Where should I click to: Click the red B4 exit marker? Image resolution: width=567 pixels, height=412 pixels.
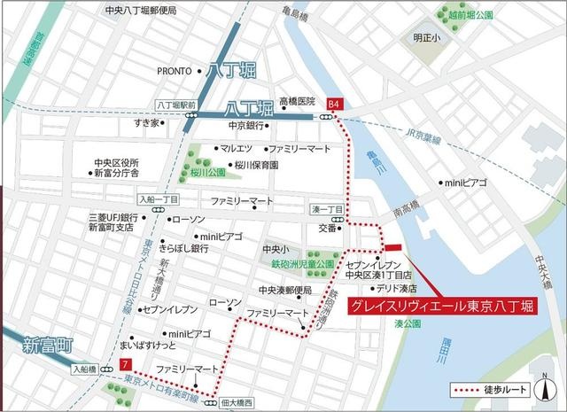334,103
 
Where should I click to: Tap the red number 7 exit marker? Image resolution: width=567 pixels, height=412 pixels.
128,365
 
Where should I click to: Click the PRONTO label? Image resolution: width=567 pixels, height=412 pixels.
175,71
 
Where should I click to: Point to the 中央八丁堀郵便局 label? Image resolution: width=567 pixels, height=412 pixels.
140,11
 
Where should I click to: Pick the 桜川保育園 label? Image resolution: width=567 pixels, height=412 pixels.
256,165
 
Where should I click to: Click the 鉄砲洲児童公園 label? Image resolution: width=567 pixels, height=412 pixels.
303,264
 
